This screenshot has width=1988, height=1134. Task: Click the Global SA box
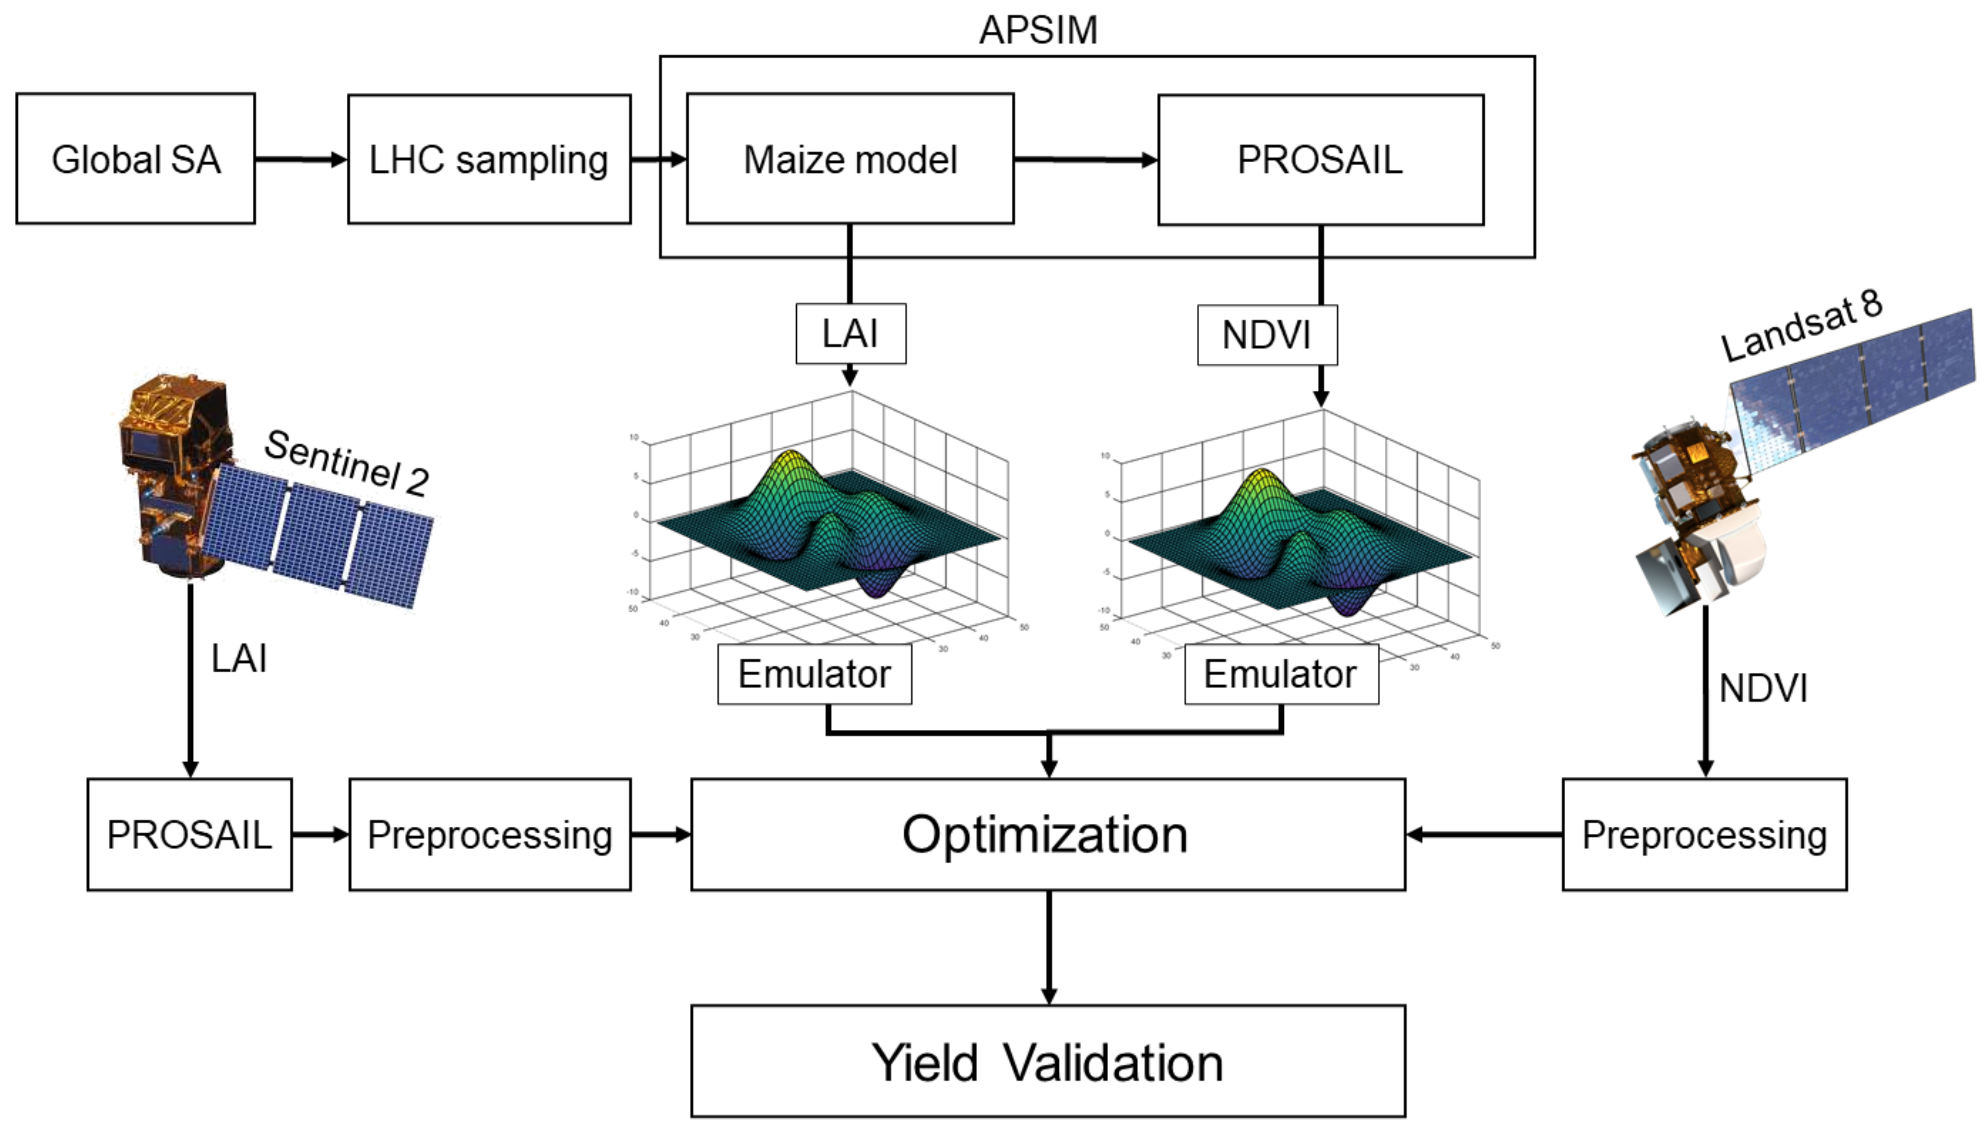[136, 159]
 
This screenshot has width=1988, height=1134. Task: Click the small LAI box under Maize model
[850, 334]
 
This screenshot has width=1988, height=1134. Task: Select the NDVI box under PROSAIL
[1266, 335]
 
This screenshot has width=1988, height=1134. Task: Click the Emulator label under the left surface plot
[814, 674]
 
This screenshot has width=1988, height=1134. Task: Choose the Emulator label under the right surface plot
[1280, 674]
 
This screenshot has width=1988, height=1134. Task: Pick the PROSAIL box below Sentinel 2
[189, 834]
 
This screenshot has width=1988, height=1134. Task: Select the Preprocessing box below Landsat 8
[1704, 834]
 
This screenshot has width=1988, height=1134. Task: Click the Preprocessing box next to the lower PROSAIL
[490, 834]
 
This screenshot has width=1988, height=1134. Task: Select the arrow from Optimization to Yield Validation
[1048, 947]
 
